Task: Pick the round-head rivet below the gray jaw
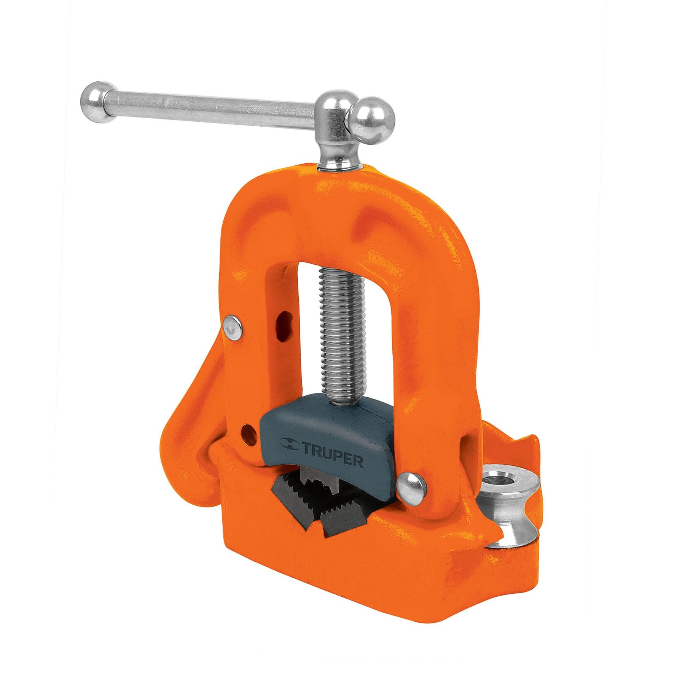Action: click(x=411, y=484)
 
